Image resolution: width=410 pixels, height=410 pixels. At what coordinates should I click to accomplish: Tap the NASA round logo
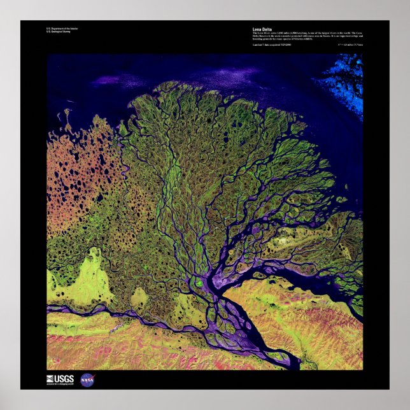pyautogui.click(x=87, y=381)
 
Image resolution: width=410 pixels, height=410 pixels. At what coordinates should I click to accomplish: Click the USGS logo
pyautogui.click(x=60, y=379)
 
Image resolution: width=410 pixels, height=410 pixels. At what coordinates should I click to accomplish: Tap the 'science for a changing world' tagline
pyautogui.click(x=60, y=384)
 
